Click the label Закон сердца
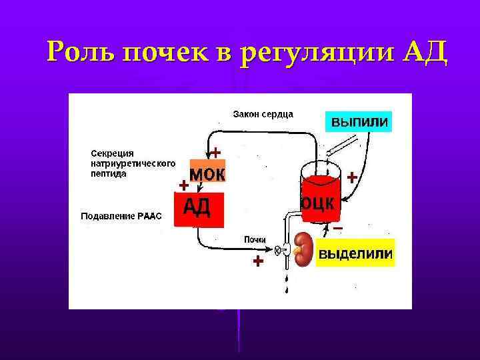263,114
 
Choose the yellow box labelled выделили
355,254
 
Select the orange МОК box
208,174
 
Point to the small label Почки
255,239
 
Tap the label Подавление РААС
121,216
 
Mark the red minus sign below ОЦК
338,229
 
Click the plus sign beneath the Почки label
258,262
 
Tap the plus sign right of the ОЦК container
351,177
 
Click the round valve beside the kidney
279,251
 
